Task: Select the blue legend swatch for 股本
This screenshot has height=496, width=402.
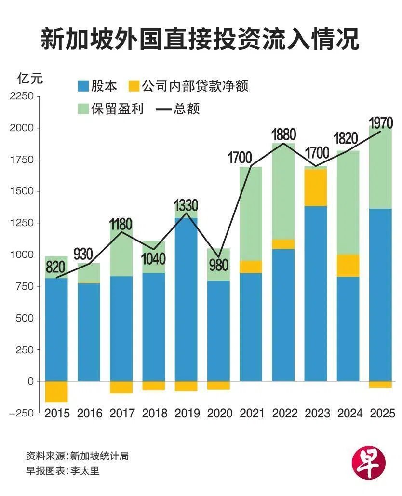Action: pos(83,86)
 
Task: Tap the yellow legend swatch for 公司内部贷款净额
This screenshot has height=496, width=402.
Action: pos(134,86)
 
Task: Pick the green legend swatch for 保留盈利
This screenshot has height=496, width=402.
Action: pos(83,108)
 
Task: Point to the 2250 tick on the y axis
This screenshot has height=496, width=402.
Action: pos(22,96)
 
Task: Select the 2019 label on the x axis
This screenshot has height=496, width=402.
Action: pos(186,413)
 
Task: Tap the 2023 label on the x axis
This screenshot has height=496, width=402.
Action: pos(316,413)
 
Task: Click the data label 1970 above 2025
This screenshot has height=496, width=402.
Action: pos(380,121)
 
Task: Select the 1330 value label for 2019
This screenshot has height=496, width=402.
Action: pos(186,206)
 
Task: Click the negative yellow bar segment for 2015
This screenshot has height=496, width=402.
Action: pos(56,391)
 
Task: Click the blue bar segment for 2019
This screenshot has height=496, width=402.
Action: pos(186,299)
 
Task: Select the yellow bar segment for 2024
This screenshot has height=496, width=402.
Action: pos(348,266)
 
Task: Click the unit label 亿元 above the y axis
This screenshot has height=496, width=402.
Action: pos(30,78)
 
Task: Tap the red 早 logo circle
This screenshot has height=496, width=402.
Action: pos(369,461)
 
